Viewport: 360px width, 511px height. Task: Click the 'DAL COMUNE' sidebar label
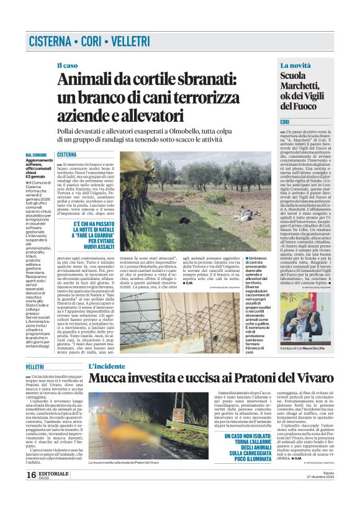[36, 154]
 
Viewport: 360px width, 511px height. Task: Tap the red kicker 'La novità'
[295, 65]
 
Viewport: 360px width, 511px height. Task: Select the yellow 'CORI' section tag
[286, 122]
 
